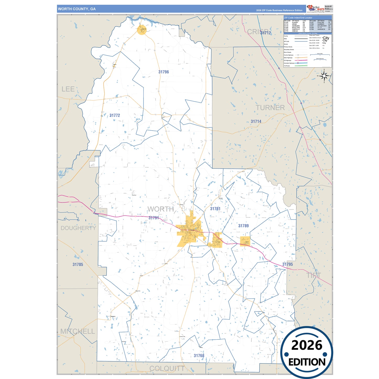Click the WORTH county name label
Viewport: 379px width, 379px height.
161,209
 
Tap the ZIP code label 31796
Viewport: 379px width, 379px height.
164,72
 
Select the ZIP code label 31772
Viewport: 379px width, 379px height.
115,115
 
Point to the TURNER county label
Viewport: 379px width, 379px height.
270,108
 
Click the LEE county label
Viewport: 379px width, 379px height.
68,89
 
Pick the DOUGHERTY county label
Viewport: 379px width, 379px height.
78,228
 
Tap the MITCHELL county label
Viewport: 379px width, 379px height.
78,331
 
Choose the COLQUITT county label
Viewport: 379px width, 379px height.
167,369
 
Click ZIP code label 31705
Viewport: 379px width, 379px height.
78,264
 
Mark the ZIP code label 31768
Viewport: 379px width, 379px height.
199,356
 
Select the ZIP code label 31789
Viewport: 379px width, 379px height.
243,226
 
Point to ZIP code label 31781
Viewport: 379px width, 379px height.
215,209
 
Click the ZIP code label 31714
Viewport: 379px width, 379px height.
256,121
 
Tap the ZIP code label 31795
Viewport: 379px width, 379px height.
287,264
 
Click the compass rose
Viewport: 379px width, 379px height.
324,76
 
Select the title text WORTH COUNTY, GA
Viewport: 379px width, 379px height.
77,9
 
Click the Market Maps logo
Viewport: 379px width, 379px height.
316,9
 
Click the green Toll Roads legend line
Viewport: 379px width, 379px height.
301,66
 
